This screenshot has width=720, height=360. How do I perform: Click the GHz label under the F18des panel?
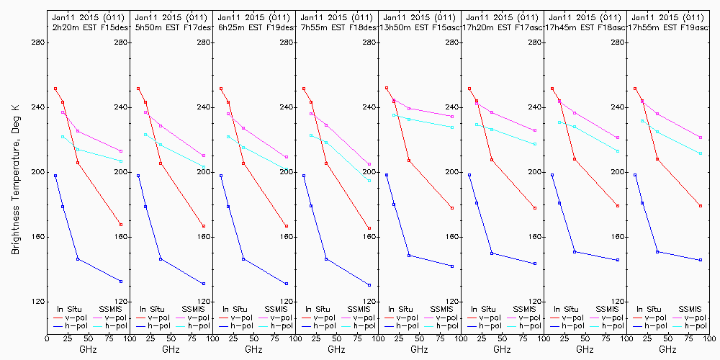pyautogui.click(x=336, y=349)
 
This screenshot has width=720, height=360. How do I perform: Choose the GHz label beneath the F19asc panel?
pyautogui.click(x=667, y=349)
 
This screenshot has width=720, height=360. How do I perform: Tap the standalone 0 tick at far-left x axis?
pyautogui.click(x=47, y=336)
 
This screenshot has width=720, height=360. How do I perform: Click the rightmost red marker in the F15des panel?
pyautogui.click(x=121, y=225)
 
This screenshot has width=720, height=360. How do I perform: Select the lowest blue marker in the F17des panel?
pyautogui.click(x=204, y=284)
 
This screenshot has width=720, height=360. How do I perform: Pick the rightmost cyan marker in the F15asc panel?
pyautogui.click(x=452, y=127)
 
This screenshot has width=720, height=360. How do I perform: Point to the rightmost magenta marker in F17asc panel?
pyautogui.click(x=535, y=130)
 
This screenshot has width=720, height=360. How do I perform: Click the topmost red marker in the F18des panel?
pyautogui.click(x=304, y=89)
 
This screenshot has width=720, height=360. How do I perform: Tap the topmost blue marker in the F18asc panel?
pyautogui.click(x=552, y=175)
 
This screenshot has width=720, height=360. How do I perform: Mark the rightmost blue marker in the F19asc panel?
pyautogui.click(x=701, y=260)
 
